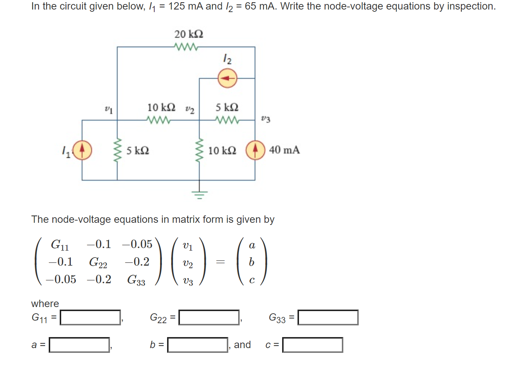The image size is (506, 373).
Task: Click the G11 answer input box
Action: coord(91,317)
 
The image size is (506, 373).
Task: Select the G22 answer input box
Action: coord(209,317)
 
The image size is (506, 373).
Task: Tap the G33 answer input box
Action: coord(328,317)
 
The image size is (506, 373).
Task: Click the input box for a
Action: coord(80,345)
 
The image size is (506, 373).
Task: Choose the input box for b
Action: coord(197,345)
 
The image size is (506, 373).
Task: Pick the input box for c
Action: coord(313,345)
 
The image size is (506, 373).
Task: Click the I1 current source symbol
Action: coord(82,150)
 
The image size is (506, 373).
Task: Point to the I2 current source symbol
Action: coord(228,78)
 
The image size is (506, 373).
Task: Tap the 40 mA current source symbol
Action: coord(255,150)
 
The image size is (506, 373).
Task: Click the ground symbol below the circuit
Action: coord(199,194)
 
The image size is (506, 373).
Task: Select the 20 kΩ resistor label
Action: coord(189,34)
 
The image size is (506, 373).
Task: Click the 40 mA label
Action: coord(284,150)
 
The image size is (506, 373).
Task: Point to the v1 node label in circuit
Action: coord(108,109)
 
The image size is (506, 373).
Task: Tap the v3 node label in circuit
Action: coord(266,119)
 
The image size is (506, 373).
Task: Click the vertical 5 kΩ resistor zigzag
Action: coord(117,151)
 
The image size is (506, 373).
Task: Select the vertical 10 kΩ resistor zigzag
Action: coord(199,151)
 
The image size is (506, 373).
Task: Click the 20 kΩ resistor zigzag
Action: coord(186,47)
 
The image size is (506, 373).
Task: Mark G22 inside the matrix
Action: coord(98,262)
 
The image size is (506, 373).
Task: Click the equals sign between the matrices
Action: coord(220,262)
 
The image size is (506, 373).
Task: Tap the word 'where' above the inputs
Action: coord(45,304)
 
